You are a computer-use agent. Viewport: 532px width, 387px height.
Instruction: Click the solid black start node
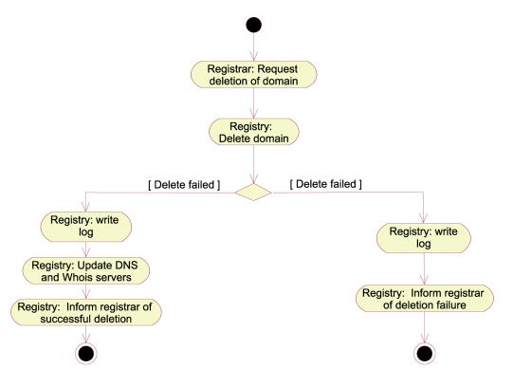pos(253,25)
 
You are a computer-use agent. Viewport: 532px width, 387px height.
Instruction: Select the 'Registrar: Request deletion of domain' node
pos(254,75)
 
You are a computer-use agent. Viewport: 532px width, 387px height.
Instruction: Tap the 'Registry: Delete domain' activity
pos(254,132)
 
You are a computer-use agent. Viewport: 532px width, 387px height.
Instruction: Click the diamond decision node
pos(253,193)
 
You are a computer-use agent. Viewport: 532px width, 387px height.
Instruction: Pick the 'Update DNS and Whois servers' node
pos(86,271)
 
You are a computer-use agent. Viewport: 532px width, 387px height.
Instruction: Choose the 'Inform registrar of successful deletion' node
pos(86,312)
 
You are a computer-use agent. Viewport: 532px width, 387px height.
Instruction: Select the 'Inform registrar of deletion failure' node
pos(425,299)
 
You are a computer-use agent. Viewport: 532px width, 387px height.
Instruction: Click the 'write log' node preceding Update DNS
pos(86,226)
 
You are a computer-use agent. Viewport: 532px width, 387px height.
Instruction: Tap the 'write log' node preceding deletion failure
pos(424,238)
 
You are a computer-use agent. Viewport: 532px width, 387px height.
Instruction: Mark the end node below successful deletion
pos(86,354)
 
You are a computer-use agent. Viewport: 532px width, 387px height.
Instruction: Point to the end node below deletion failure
pos(425,354)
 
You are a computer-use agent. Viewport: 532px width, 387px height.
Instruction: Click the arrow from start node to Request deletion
pos(253,46)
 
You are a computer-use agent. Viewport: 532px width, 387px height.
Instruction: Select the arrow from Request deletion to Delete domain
pos(253,103)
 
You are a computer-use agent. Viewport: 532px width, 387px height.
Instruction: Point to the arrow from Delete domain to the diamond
pos(253,165)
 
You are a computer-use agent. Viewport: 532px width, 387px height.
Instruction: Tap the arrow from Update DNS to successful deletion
pos(86,291)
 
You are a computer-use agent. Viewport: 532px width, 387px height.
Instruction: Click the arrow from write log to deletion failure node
pos(424,268)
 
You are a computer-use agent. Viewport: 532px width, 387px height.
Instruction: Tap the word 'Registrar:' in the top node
pos(230,69)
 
